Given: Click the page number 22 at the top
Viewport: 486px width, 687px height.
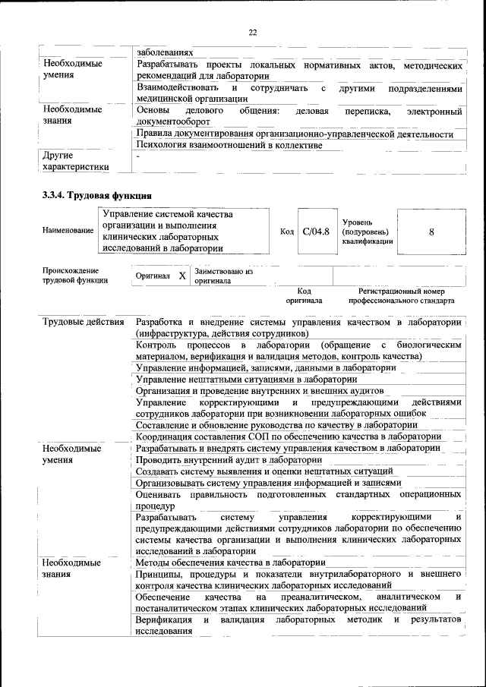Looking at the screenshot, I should click(x=253, y=32).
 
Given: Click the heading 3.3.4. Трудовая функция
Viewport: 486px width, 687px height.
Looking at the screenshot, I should click(x=92, y=196).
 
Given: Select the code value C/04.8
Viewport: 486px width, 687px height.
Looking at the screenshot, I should click(x=315, y=232).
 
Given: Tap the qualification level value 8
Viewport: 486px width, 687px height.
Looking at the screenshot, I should click(x=431, y=232).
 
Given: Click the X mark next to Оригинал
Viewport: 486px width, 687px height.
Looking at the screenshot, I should click(x=181, y=276).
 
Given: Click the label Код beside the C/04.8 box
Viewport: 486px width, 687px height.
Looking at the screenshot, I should click(x=286, y=232).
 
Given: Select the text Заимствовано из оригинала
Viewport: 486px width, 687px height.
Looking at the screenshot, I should click(x=223, y=276).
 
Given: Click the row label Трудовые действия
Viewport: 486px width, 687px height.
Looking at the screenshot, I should click(x=84, y=322).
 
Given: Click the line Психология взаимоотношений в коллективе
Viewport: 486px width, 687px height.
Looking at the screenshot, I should click(x=223, y=144).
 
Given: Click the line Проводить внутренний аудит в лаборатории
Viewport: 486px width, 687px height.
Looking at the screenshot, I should click(x=229, y=459).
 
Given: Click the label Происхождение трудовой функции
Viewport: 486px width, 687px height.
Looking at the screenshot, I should click(x=75, y=276).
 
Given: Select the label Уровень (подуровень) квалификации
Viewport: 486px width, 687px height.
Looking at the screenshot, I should click(x=368, y=231).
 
